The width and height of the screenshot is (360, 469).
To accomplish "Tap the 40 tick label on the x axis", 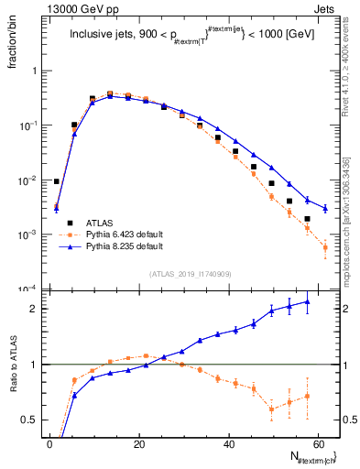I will click(230, 444).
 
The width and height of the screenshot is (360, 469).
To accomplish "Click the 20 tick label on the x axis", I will click(139, 444).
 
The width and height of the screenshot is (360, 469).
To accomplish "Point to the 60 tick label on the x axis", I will click(320, 444).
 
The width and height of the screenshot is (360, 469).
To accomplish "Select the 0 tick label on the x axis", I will click(49, 444).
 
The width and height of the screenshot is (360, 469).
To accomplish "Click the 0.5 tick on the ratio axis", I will click(31, 420).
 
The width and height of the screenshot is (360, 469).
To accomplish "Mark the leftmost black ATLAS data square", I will click(57, 181).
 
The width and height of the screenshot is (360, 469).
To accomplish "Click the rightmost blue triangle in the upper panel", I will click(325, 207).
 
